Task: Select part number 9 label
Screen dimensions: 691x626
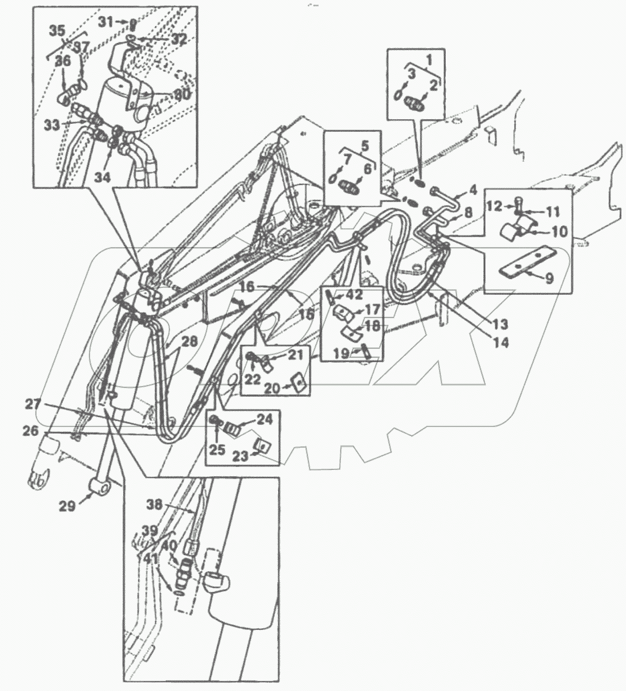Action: tap(548, 278)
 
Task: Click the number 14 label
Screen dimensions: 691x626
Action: tap(501, 342)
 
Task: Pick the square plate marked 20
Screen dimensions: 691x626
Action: tap(298, 382)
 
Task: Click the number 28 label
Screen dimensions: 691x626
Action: tap(189, 342)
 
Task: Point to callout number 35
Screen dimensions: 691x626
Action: tap(56, 30)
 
